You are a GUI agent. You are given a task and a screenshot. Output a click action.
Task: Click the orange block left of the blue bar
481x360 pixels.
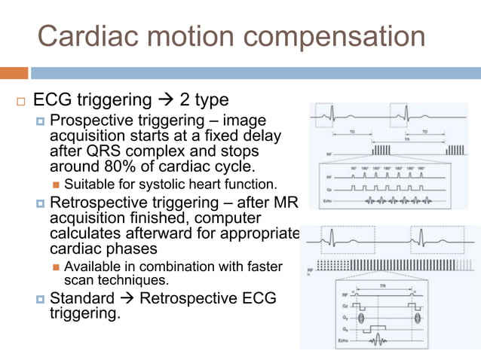(14, 73)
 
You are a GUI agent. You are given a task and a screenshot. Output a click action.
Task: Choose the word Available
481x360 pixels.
(93, 267)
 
